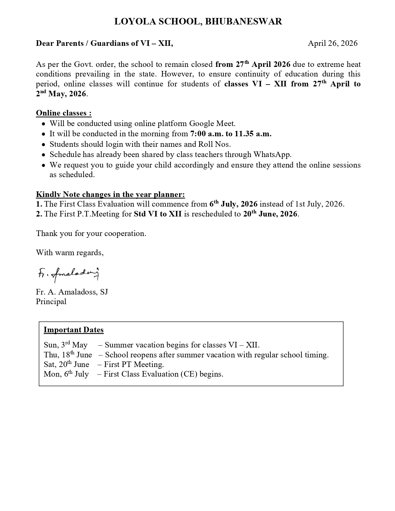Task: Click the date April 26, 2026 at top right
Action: pyautogui.click(x=332, y=43)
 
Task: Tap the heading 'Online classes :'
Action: pyautogui.click(x=64, y=113)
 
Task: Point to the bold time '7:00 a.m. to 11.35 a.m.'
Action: pyautogui.click(x=231, y=134)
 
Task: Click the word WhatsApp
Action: pyautogui.click(x=272, y=154)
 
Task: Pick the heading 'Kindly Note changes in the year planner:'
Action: pyautogui.click(x=110, y=194)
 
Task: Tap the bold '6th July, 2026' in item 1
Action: pyautogui.click(x=233, y=204)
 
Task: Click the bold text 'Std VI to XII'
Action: pyautogui.click(x=158, y=214)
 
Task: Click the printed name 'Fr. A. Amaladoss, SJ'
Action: pyautogui.click(x=72, y=292)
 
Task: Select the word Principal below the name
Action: pyautogui.click(x=51, y=302)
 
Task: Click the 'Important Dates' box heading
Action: pyautogui.click(x=73, y=330)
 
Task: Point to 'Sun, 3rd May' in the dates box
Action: pyautogui.click(x=66, y=345)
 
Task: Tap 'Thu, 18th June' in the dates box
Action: pyautogui.click(x=68, y=355)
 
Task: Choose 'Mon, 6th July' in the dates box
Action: pyautogui.click(x=66, y=374)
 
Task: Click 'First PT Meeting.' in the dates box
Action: pyautogui.click(x=134, y=365)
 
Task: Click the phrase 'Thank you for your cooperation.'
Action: pyautogui.click(x=91, y=234)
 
